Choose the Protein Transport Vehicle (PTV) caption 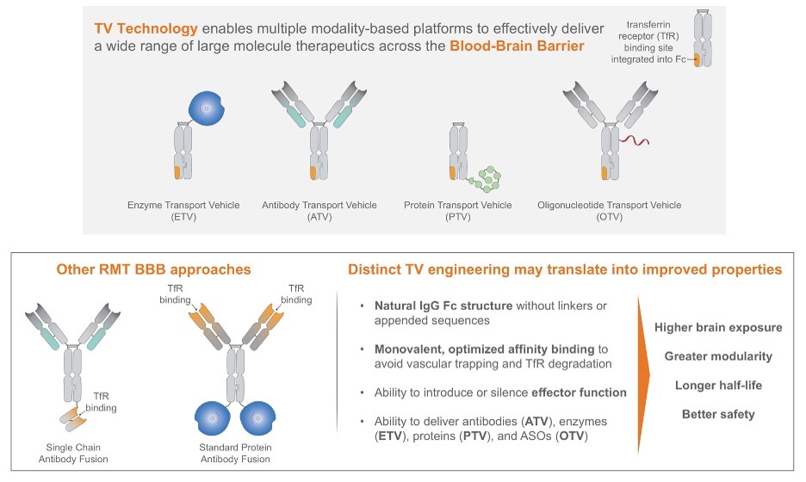pos(457,211)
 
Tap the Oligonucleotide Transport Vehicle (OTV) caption pos(609,211)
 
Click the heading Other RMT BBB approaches pos(153,269)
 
